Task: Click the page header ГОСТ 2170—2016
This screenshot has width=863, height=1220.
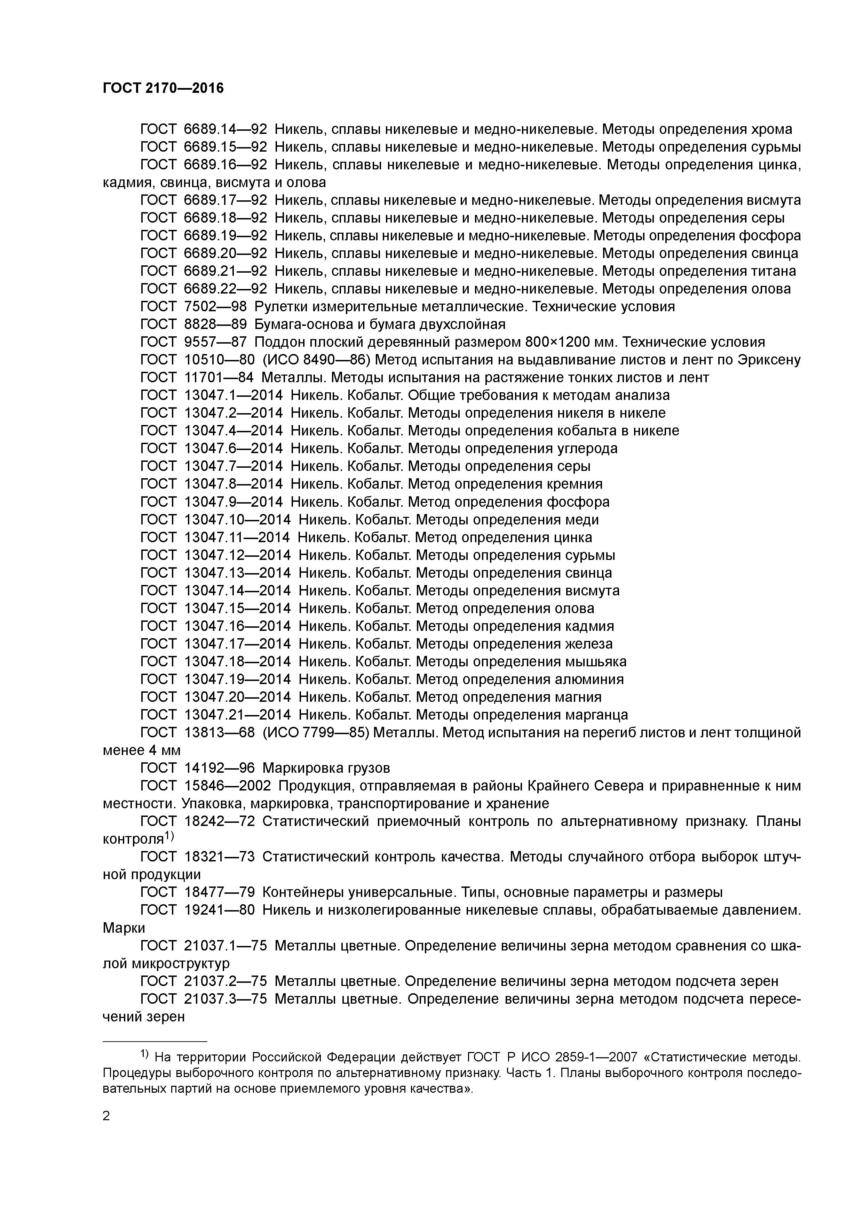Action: [163, 88]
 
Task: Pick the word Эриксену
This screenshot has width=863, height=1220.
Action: [769, 360]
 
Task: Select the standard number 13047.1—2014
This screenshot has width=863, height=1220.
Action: [233, 395]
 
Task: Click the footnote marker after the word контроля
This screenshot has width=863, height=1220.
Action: [169, 836]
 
